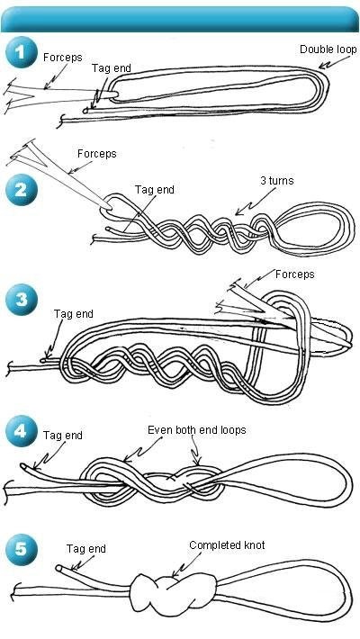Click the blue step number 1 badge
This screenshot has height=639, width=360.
click(x=22, y=52)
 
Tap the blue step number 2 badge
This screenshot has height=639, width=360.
click(x=22, y=190)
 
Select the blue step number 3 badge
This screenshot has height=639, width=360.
click(x=22, y=300)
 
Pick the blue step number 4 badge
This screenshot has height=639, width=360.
click(x=22, y=431)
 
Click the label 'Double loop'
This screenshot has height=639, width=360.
click(x=328, y=49)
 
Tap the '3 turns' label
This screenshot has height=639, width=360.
click(x=277, y=180)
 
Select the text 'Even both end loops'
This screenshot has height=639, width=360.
click(x=196, y=430)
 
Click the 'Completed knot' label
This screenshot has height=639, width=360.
click(x=227, y=545)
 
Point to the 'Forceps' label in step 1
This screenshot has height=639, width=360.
click(x=63, y=58)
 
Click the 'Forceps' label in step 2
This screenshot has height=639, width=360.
click(x=97, y=154)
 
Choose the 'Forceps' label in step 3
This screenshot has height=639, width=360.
click(x=295, y=274)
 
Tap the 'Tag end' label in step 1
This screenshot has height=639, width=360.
click(x=112, y=68)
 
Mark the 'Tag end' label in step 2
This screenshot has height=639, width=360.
click(x=155, y=190)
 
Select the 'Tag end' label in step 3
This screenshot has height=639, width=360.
click(x=74, y=314)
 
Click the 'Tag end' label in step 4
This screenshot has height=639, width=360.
click(x=63, y=436)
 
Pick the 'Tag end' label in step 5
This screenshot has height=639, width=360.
click(x=86, y=549)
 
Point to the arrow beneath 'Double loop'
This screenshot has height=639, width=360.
click(x=334, y=62)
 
